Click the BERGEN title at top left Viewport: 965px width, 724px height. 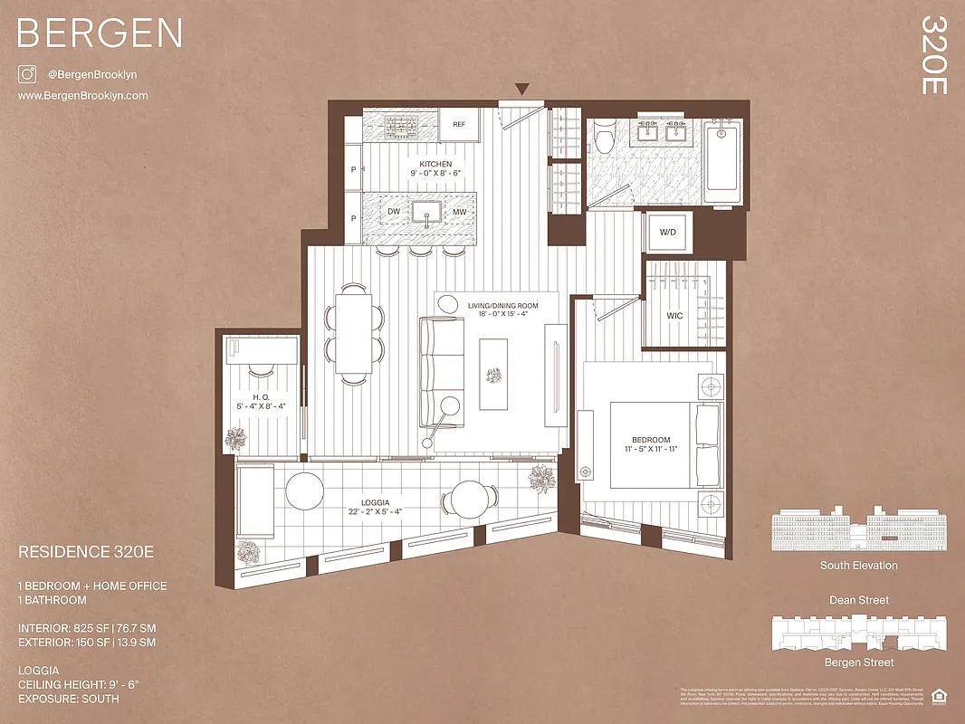(100, 33)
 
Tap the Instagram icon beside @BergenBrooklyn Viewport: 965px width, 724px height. (26, 74)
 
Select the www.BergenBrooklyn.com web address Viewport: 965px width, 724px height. (82, 96)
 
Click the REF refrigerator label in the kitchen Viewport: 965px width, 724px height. (459, 125)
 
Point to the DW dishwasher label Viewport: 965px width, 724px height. (394, 212)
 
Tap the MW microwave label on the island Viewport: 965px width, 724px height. (459, 212)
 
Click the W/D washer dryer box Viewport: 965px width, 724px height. (668, 232)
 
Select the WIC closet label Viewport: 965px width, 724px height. (674, 316)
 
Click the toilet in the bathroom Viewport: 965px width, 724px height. (606, 138)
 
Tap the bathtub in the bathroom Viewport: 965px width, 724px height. (721, 157)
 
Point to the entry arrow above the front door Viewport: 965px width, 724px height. (522, 89)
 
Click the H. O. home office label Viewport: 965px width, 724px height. (262, 396)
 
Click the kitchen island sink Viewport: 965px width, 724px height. (426, 212)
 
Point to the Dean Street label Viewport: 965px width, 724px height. (859, 600)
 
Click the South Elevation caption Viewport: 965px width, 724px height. (859, 566)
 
